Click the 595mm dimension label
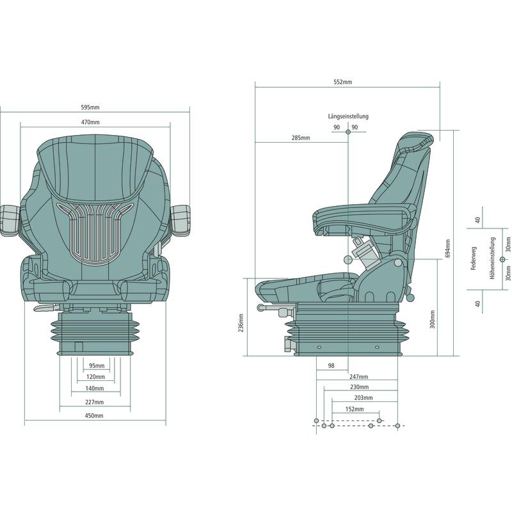pos(90,107)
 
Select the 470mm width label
pos(90,122)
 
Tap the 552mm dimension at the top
pos(343,82)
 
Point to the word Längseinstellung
pos(348,116)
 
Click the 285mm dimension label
pos(301,138)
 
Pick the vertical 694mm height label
pos(447,248)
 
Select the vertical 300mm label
pos(433,319)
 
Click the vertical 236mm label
pos(241,323)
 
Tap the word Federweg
pos(474,258)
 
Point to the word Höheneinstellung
pos(492,258)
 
